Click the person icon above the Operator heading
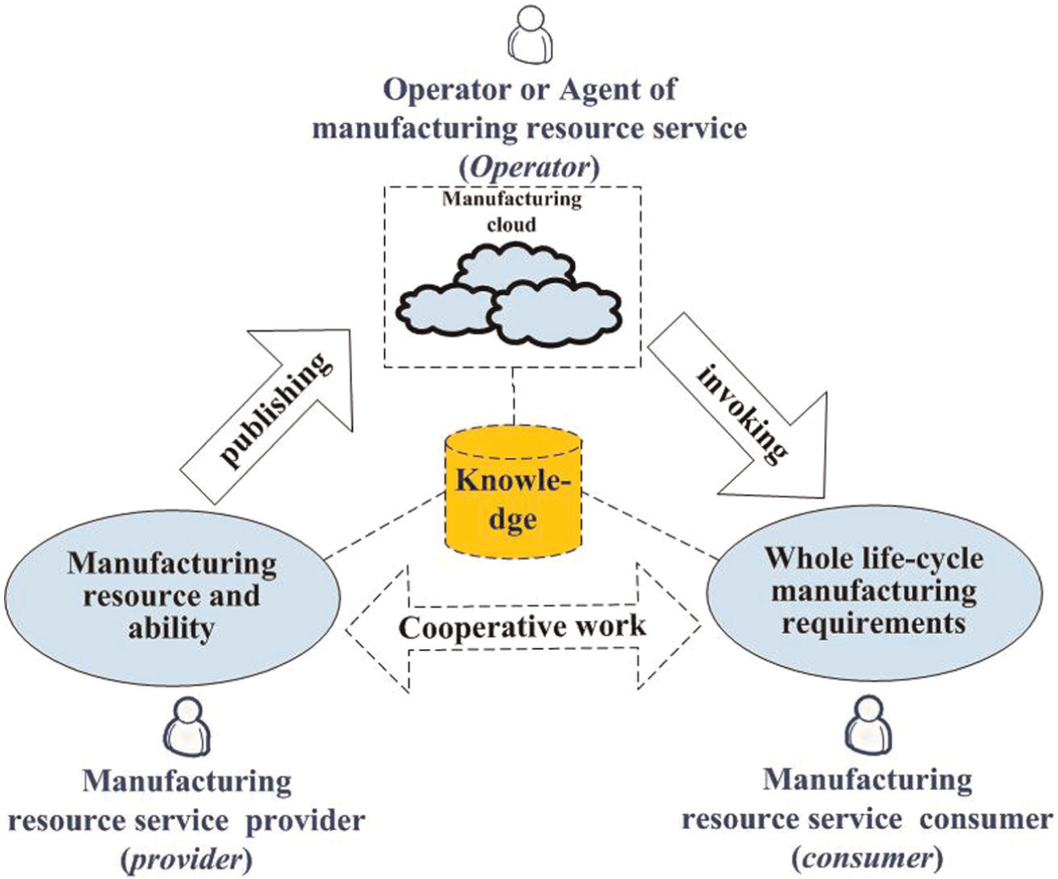[x=530, y=35]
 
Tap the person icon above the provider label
[x=187, y=727]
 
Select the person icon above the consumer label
[x=868, y=725]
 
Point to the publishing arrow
[x=267, y=416]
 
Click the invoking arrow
[x=738, y=405]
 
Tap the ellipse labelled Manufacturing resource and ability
[x=172, y=598]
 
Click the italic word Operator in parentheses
[x=530, y=168]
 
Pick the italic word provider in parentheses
[x=187, y=860]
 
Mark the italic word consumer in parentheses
[x=868, y=858]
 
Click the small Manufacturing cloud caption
[x=512, y=211]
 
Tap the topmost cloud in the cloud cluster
[x=515, y=268]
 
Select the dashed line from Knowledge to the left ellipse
[x=384, y=526]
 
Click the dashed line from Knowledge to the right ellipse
[x=650, y=526]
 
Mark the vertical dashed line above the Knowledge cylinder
[x=513, y=396]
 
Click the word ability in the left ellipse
[x=171, y=630]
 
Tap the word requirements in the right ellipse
[x=874, y=623]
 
